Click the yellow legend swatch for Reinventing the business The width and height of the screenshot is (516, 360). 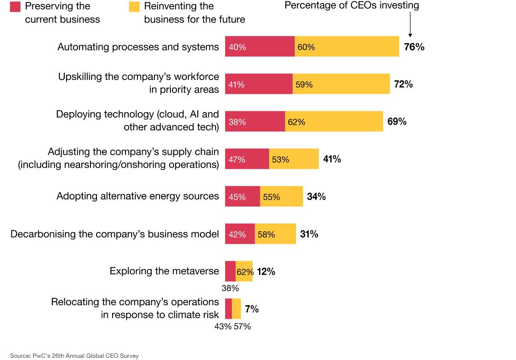point(134,6)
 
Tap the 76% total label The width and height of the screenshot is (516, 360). point(414,47)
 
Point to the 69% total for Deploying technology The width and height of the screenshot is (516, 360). point(397,122)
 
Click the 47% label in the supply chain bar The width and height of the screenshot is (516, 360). point(237,160)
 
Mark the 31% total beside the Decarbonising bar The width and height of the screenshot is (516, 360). point(309,234)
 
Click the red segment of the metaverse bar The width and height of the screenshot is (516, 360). point(230,271)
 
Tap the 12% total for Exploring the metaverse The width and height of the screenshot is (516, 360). point(266,272)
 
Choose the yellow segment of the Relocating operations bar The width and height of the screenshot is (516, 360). point(236,309)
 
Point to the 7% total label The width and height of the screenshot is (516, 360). point(252,309)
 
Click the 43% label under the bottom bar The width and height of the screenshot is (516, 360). point(223,327)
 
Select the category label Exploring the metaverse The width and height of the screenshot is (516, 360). point(164,271)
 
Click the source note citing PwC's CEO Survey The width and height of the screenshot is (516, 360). point(74,356)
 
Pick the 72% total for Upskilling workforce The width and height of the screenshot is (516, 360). point(403,84)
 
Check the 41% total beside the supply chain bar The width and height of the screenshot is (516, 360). point(332,159)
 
